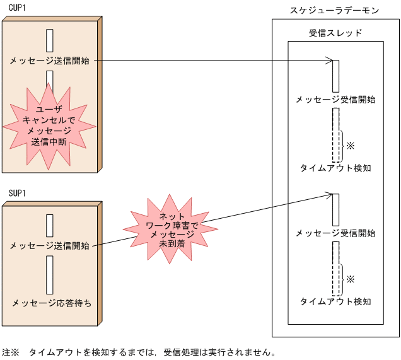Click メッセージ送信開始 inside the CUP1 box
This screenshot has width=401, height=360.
[x=49, y=61]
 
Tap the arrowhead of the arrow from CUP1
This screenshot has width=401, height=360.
[x=328, y=61]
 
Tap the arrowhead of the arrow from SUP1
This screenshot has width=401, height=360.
[x=328, y=195]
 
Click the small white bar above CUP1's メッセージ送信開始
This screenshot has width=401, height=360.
[x=49, y=40]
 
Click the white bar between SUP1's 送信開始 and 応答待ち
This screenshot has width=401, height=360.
[x=49, y=271]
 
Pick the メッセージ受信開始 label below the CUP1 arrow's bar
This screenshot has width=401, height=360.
[x=335, y=100]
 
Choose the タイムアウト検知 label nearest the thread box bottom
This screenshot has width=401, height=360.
[x=335, y=301]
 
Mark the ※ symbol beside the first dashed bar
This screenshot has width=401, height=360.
[x=351, y=145]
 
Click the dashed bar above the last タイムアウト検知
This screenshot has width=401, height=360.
[x=335, y=269]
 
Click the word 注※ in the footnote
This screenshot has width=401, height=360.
[x=11, y=352]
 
